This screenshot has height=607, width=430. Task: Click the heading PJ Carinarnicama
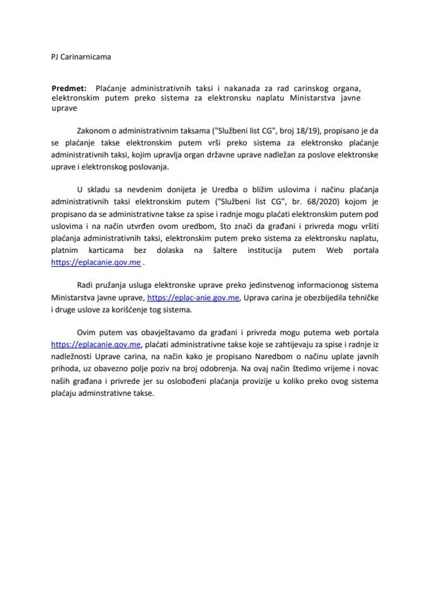click(x=80, y=57)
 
